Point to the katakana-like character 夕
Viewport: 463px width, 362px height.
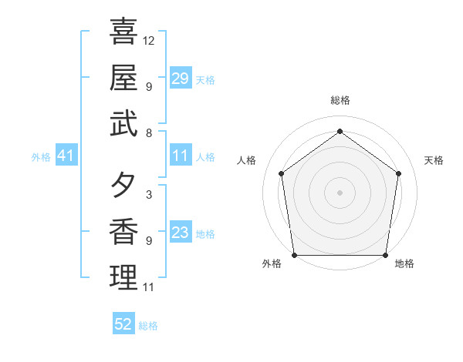click(123, 186)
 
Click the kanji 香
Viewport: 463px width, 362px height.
click(123, 232)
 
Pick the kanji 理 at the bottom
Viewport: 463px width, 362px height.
click(123, 278)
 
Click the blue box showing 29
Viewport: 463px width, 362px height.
click(181, 79)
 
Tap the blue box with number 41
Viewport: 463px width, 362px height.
click(66, 156)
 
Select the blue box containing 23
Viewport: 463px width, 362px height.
click(181, 233)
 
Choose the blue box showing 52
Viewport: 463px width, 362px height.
click(123, 324)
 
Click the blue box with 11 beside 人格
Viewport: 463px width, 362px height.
click(181, 156)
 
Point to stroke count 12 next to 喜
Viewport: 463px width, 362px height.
click(149, 40)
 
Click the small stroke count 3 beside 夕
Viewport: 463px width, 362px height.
click(148, 195)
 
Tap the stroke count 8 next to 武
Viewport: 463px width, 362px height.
click(148, 132)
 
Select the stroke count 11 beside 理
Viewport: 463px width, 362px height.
click(149, 287)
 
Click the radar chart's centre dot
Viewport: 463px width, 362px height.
click(340, 192)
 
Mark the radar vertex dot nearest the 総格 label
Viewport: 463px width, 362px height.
click(340, 131)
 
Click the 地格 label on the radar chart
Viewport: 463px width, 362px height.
click(404, 264)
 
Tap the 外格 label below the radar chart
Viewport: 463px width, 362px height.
click(272, 264)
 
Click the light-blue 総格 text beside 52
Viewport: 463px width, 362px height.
click(148, 326)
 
